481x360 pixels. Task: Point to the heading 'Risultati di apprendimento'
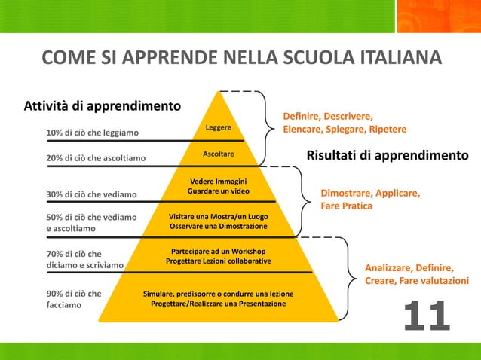387,156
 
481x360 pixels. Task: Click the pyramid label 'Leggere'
219,127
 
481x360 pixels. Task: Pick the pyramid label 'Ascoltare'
219,154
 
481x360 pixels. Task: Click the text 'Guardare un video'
219,191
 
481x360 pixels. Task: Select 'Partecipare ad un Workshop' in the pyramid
219,250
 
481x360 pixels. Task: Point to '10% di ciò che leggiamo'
92,133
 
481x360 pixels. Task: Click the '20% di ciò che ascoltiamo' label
96,158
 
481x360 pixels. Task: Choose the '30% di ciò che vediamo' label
91,194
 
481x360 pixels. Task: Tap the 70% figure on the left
56,254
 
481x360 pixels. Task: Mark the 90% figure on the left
56,293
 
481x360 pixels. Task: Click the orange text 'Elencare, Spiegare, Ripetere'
345,130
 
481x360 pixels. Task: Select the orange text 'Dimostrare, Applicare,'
370,193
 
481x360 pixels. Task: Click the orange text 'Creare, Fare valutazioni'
416,281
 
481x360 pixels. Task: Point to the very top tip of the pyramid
219,92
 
